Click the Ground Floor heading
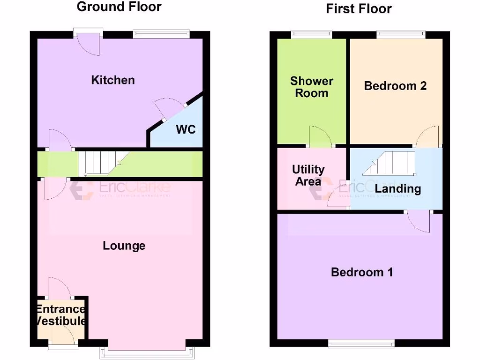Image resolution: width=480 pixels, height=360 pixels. coord(119,7)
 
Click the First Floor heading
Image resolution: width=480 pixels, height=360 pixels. coord(359,8)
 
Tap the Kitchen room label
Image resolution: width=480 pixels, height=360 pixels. coord(112,80)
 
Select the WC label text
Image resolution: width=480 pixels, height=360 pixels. coord(186,129)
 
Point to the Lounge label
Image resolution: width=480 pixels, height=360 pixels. coord(124,246)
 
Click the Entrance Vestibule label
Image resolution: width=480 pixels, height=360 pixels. coord(61,315)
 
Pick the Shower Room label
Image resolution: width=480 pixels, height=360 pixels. coord(312,87)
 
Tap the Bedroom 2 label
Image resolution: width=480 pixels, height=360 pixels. coord(395,86)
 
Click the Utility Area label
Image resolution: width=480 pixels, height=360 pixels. coord(308,175)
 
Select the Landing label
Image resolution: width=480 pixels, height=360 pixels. coord(397,189)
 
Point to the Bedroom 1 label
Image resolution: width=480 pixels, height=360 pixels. coord(362,272)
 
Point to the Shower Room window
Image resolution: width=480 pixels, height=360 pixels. coord(311,33)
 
